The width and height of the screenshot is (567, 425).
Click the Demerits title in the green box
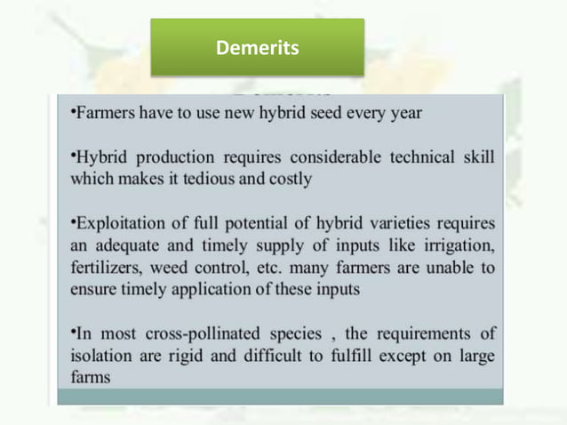pyautogui.click(x=257, y=47)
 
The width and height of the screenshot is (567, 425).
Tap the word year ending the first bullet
pyautogui.click(x=401, y=113)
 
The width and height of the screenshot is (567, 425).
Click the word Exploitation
pyautogui.click(x=117, y=223)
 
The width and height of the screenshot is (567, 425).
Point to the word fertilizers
pyautogui.click(x=106, y=267)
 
